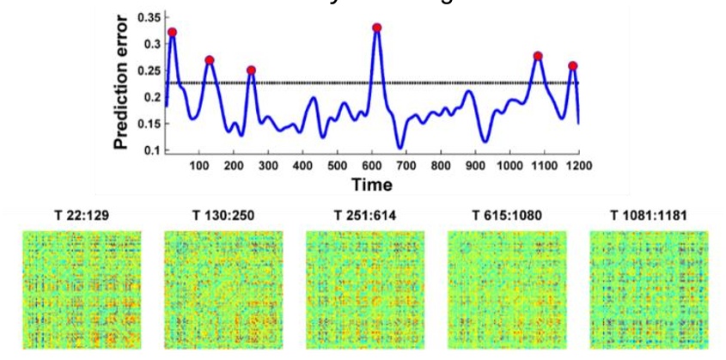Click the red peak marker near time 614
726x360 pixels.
pyautogui.click(x=376, y=27)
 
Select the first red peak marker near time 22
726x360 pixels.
pyautogui.click(x=173, y=33)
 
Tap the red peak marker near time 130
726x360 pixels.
pyautogui.click(x=210, y=60)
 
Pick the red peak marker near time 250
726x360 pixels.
pyautogui.click(x=251, y=70)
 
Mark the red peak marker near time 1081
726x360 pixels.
pyautogui.click(x=538, y=57)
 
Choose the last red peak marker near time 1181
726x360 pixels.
pyautogui.click(x=572, y=66)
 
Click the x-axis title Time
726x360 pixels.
pyautogui.click(x=372, y=185)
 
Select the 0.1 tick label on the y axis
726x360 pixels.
pyautogui.click(x=151, y=150)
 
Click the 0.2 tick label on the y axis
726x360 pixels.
pyautogui.click(x=151, y=97)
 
